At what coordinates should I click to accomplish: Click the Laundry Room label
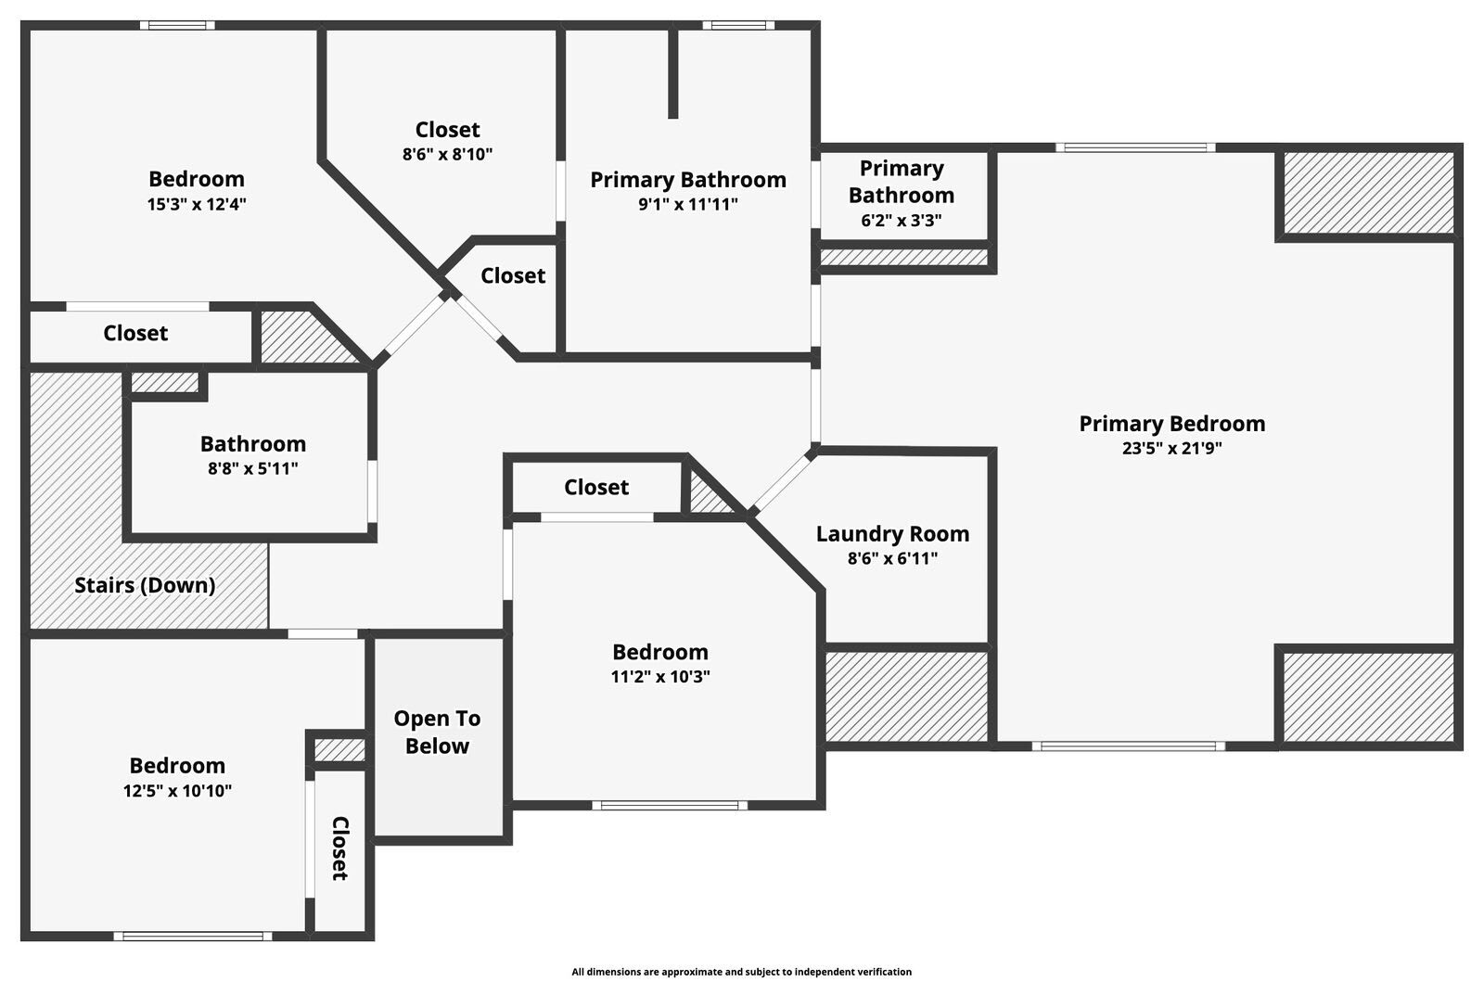(892, 534)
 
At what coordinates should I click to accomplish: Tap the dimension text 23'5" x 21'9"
(1171, 449)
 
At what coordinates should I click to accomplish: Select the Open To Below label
(437, 732)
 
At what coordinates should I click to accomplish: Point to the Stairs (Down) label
(145, 585)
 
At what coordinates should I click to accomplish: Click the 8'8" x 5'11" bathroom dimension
(252, 469)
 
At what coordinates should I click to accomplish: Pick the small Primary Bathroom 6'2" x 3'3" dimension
(901, 221)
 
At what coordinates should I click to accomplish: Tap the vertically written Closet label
(340, 848)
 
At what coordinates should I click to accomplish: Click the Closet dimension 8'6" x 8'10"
(447, 155)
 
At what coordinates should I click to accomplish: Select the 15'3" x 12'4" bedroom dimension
(197, 205)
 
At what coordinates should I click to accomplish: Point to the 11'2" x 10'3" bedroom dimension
(659, 677)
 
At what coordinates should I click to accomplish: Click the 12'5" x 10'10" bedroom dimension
(177, 791)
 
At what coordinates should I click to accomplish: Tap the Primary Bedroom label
(1171, 424)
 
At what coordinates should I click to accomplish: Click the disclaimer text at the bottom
(741, 972)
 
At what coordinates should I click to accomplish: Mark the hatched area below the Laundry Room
(906, 695)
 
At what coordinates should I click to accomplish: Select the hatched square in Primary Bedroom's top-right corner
(1367, 193)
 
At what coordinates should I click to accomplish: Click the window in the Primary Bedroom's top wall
(1134, 147)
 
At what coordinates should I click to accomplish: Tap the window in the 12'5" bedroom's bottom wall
(193, 936)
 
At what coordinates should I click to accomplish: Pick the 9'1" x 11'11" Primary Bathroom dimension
(687, 205)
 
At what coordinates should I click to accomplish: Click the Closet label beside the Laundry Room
(596, 488)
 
